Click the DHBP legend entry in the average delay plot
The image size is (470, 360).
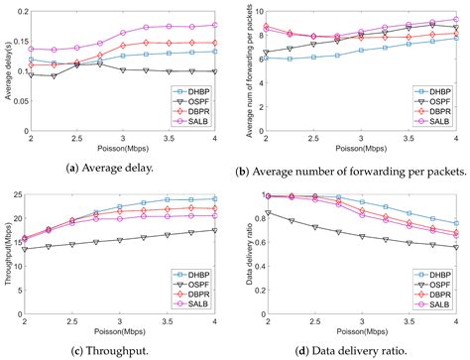point(194,90)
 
